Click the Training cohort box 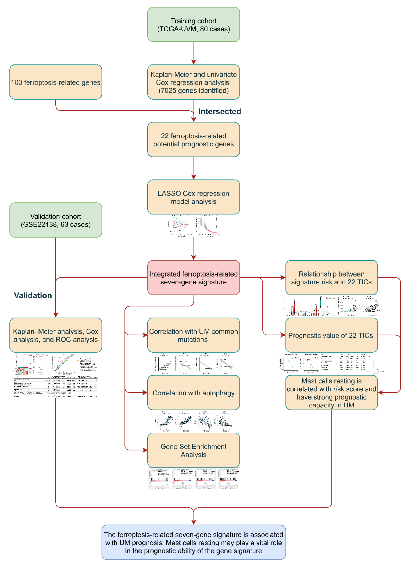[x=193, y=25]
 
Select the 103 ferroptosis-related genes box [x=56, y=82]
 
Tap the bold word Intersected [x=219, y=111]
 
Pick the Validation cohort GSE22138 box [x=56, y=220]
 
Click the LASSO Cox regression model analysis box [x=193, y=197]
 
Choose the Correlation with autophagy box [x=193, y=393]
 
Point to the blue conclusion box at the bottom [x=193, y=542]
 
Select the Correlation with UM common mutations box [x=193, y=335]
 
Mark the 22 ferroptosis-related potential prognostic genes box [x=193, y=140]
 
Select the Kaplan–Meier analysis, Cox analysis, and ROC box [x=56, y=335]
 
